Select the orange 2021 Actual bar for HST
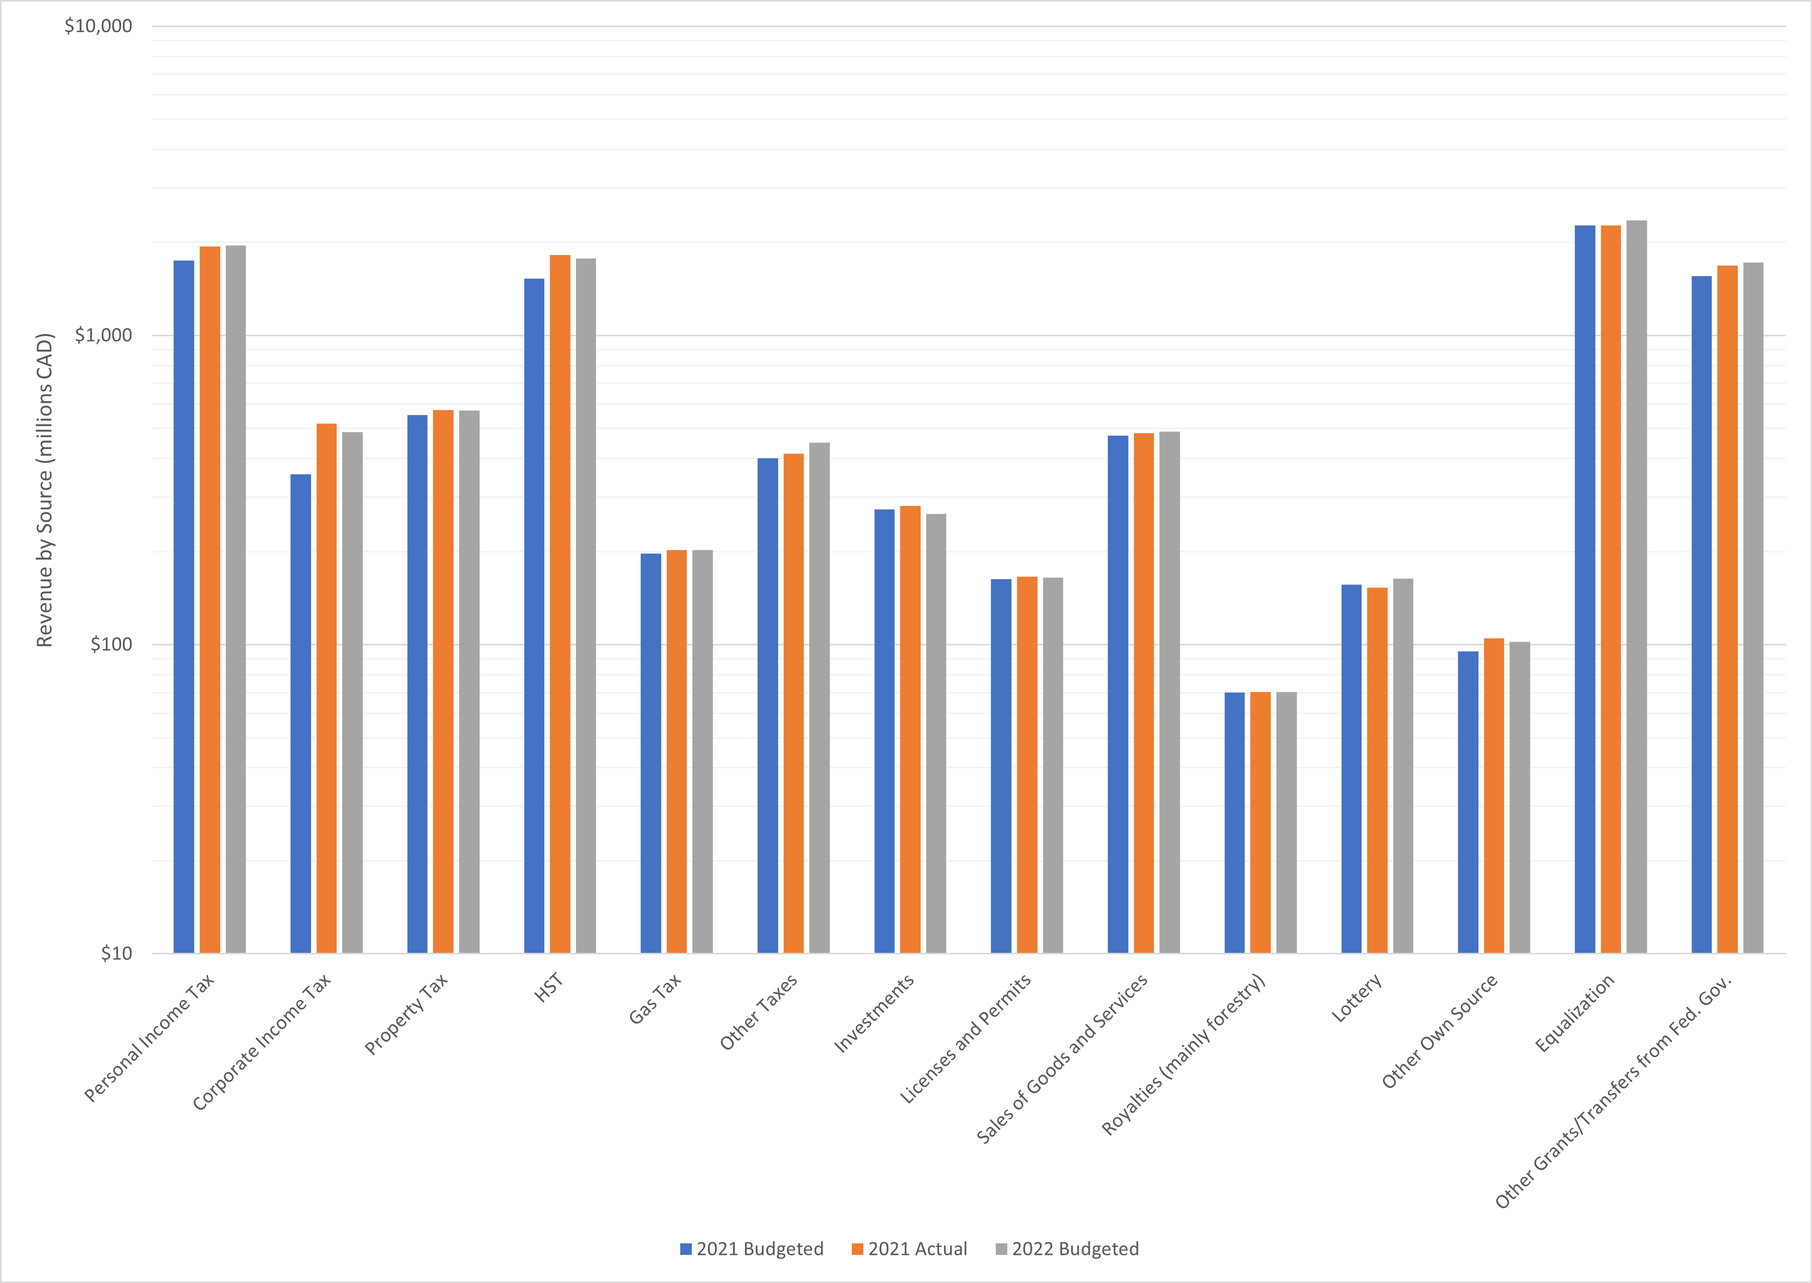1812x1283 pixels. pos(559,604)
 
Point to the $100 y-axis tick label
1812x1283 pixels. pos(111,645)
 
